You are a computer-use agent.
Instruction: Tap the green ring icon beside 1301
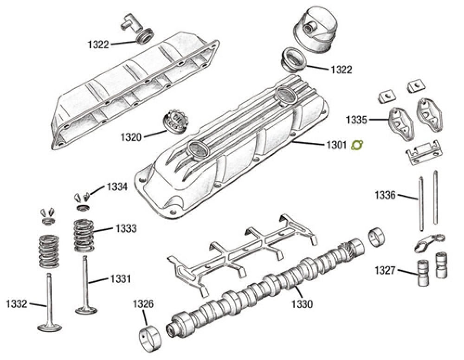(357, 145)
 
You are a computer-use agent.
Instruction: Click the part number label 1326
(143, 305)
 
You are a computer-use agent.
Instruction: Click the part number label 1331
(120, 279)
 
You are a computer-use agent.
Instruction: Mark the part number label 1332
(16, 304)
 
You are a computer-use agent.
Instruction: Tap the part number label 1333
(126, 228)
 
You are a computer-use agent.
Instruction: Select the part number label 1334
(117, 187)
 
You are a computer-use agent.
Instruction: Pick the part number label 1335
(355, 120)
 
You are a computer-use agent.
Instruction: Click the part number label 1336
(385, 195)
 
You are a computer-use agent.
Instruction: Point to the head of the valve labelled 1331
(86, 308)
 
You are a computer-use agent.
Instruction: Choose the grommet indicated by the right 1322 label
(292, 60)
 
